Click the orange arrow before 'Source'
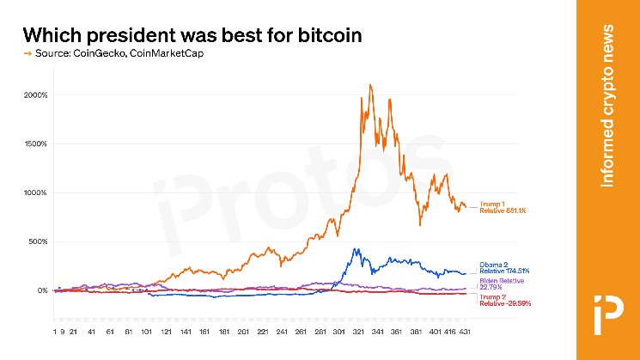pos(27,54)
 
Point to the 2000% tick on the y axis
pos(35,95)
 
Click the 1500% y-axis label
pos(35,143)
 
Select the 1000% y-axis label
pos(35,192)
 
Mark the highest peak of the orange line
pos(369,85)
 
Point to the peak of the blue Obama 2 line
pos(355,249)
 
